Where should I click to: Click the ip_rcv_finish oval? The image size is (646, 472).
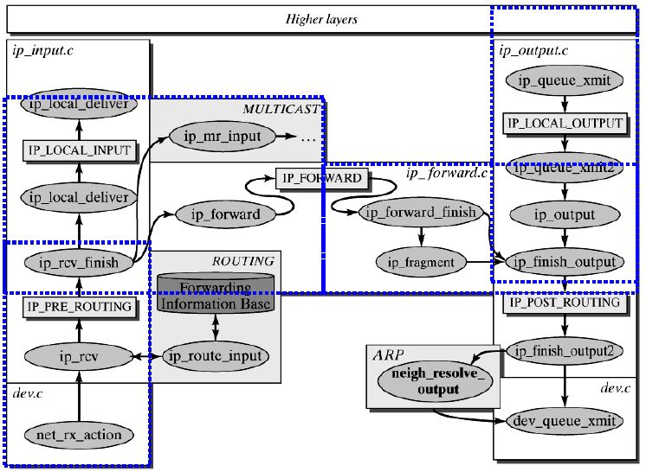click(79, 261)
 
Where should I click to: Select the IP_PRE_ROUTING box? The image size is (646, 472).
click(79, 306)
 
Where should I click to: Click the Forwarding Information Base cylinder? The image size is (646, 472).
click(215, 297)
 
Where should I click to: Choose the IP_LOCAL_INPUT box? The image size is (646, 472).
click(79, 150)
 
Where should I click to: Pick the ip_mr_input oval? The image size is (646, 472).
click(227, 136)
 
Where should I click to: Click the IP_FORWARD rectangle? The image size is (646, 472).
click(320, 179)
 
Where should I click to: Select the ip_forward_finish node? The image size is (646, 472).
click(418, 213)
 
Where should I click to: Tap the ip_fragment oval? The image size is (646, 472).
click(420, 261)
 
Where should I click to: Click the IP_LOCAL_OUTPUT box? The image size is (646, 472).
click(565, 124)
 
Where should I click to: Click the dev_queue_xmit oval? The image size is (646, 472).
click(565, 421)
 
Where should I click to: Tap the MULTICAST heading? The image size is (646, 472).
click(281, 108)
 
